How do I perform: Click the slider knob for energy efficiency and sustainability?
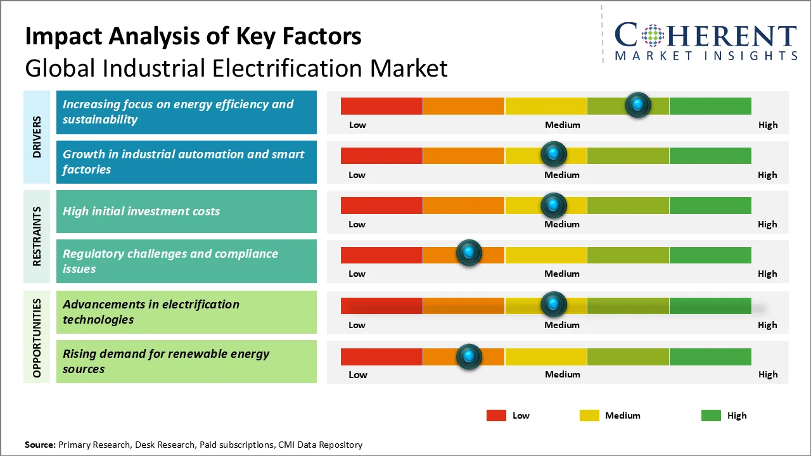[638, 104]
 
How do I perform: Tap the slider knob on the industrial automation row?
[554, 154]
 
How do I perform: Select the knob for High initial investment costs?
[554, 205]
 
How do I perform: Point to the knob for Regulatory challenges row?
[469, 253]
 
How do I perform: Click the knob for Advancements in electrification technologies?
[554, 305]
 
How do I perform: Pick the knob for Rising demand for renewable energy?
[469, 357]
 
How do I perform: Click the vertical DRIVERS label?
[37, 136]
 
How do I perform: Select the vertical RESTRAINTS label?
[37, 236]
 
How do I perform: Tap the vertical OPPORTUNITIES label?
[37, 338]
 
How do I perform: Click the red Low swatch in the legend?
[496, 415]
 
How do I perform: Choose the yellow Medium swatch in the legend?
[589, 415]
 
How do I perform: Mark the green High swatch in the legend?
[711, 415]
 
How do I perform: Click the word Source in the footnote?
[40, 445]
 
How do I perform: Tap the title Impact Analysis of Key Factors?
[193, 36]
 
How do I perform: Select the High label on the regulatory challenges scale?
[767, 274]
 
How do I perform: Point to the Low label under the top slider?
[357, 125]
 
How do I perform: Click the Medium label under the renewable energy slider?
[562, 374]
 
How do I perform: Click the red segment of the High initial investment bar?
[381, 205]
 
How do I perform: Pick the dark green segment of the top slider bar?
[710, 106]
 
